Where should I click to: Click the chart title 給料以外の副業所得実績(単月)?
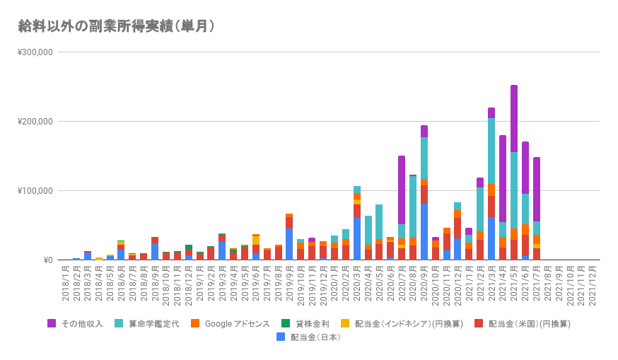click(117, 26)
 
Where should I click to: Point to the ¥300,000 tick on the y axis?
click(35, 52)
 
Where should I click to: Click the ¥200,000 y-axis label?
click(35, 122)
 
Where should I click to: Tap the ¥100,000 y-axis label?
click(35, 191)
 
